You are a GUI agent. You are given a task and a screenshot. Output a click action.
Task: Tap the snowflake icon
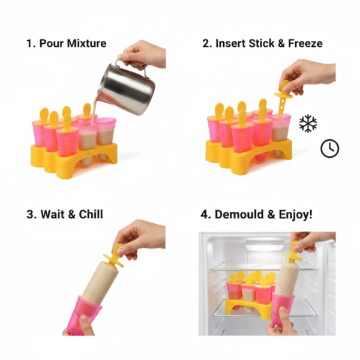click(x=308, y=124)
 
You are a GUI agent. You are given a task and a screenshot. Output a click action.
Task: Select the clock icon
click(x=329, y=148)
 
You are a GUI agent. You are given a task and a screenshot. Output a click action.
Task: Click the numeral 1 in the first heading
click(x=29, y=43)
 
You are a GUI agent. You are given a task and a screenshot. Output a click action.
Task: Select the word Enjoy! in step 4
click(x=292, y=214)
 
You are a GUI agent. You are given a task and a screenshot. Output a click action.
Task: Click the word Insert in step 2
click(x=231, y=43)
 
